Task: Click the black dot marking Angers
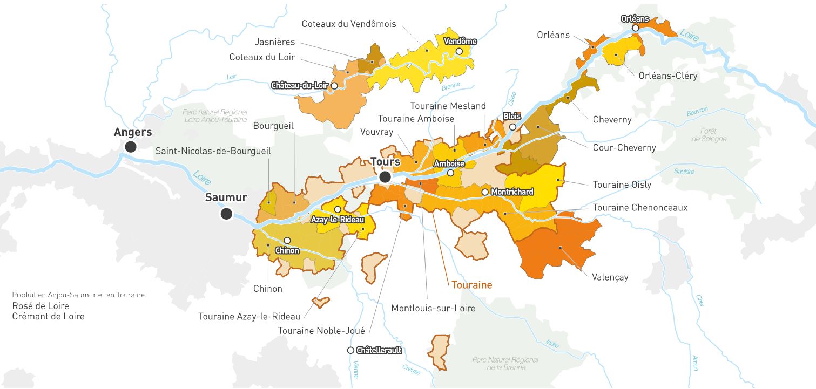click(x=130, y=147)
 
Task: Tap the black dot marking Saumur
click(x=226, y=214)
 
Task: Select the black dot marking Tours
click(x=385, y=177)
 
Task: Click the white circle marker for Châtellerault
click(x=350, y=350)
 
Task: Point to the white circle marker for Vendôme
click(x=459, y=51)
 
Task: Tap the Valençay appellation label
click(x=610, y=277)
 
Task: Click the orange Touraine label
click(x=471, y=285)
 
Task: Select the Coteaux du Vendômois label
click(x=349, y=24)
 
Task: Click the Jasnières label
click(x=276, y=42)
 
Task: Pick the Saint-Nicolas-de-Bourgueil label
click(x=213, y=151)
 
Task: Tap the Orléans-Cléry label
click(x=667, y=76)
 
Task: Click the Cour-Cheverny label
click(x=624, y=147)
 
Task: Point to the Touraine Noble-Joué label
click(x=321, y=331)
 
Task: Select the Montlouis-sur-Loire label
click(x=433, y=308)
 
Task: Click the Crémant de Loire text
click(x=49, y=316)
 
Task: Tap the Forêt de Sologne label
click(x=709, y=135)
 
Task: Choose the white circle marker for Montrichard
click(x=485, y=192)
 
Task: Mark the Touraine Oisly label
click(x=622, y=185)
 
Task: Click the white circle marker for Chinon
click(x=287, y=241)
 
